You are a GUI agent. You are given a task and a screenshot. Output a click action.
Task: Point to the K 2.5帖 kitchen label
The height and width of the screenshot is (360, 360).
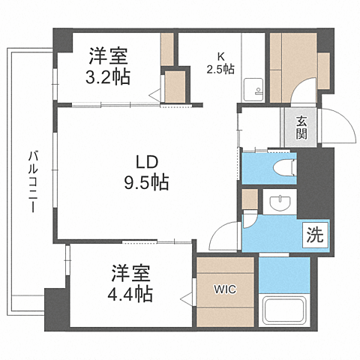tap(220, 63)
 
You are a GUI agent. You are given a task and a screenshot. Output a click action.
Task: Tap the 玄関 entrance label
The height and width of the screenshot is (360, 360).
tap(301, 128)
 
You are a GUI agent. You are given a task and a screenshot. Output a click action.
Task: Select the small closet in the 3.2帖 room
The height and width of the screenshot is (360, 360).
tap(175, 83)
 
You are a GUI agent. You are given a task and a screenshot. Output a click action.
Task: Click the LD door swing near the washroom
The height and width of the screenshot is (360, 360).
tap(223, 238)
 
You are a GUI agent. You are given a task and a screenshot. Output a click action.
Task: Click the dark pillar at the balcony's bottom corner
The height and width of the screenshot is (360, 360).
tap(55, 308)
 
